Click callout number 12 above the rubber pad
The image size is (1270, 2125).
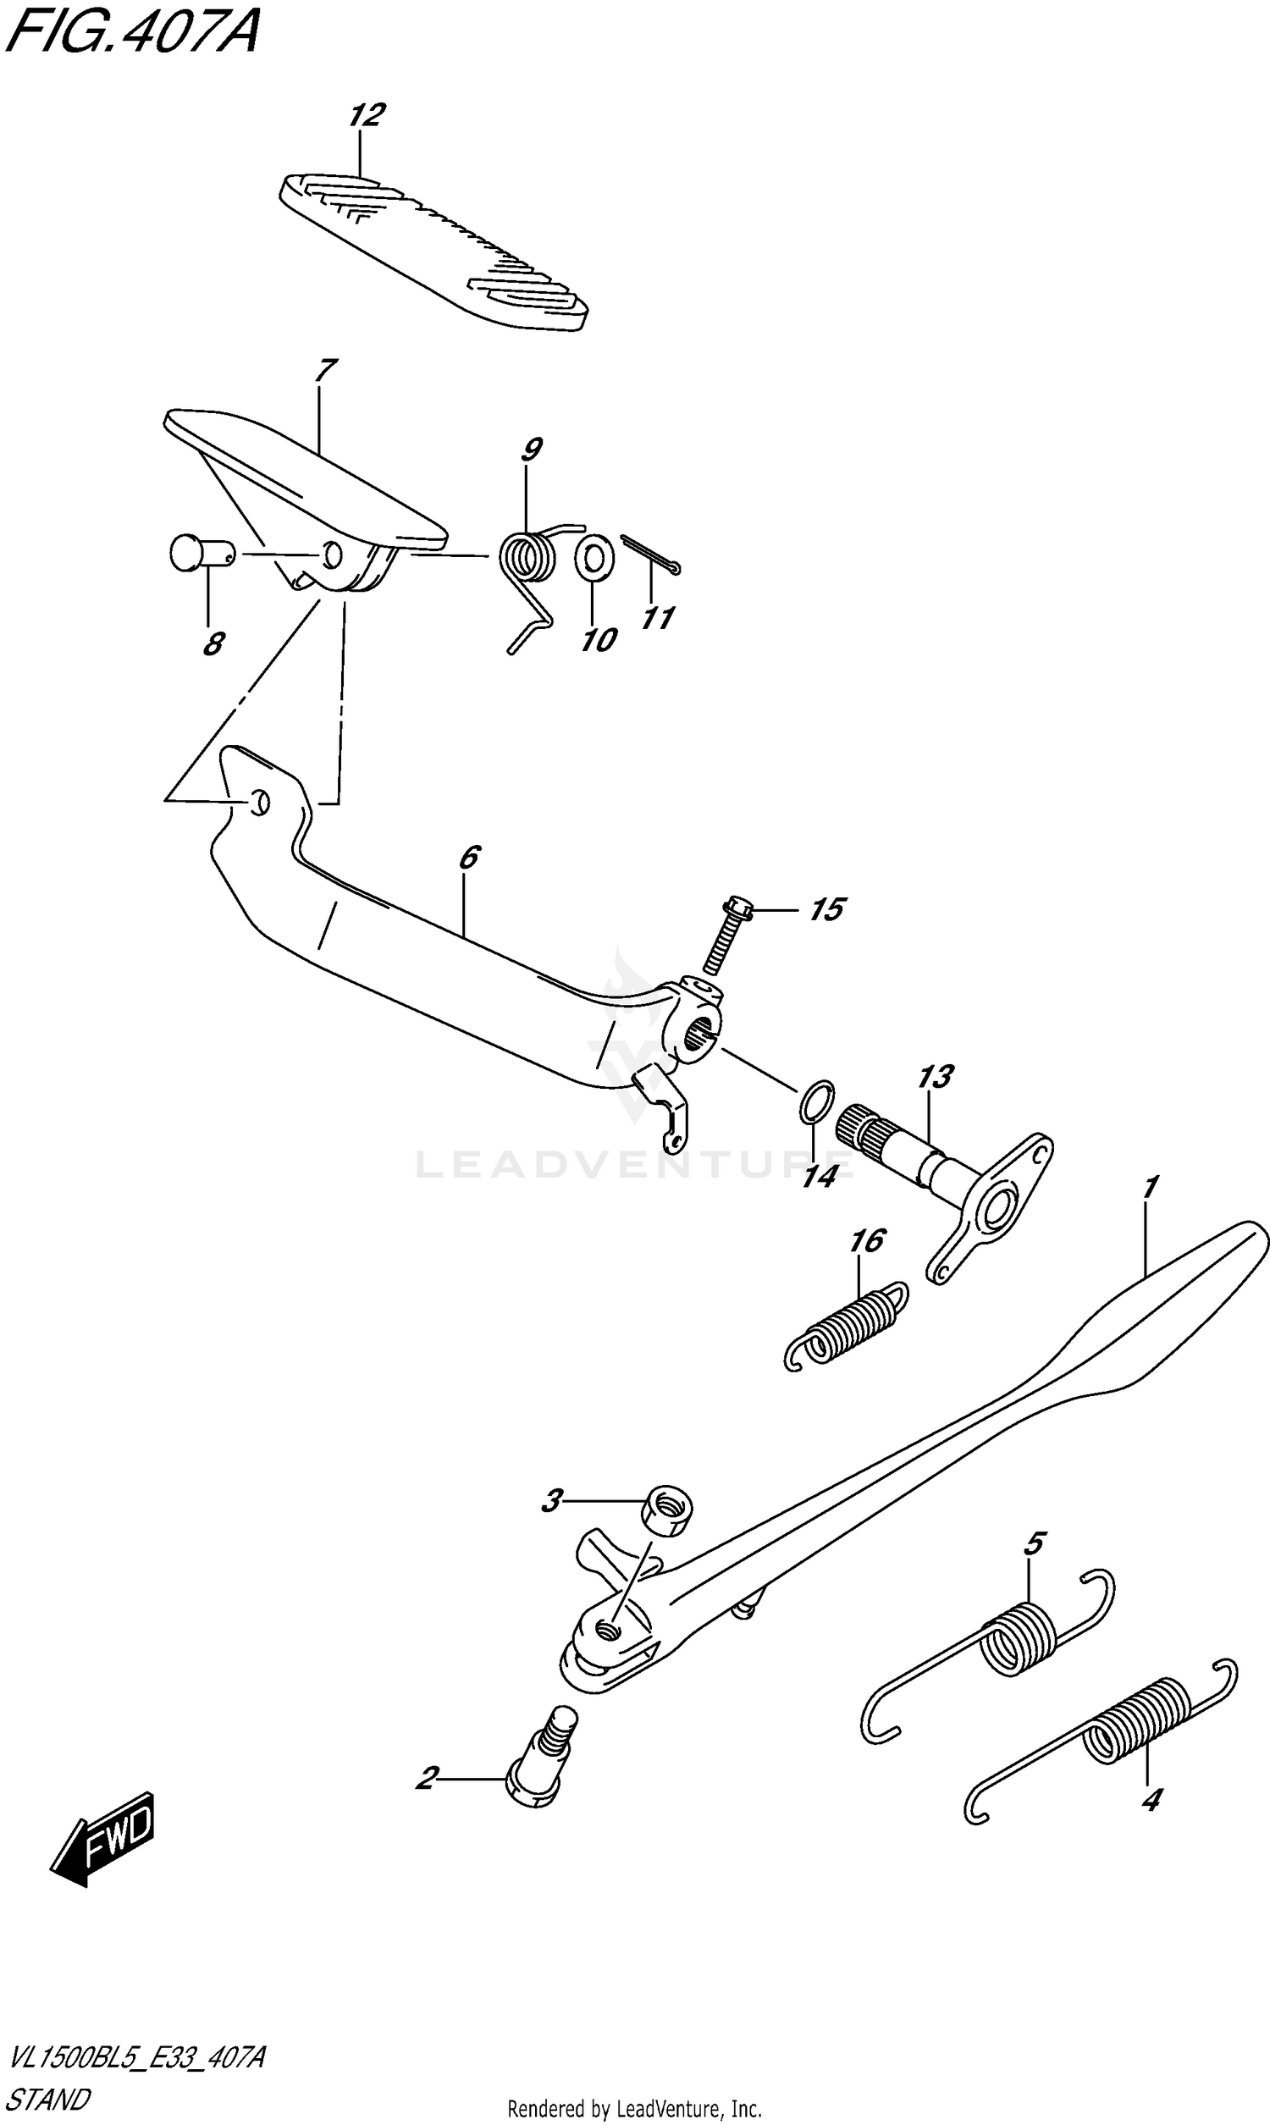click(x=367, y=115)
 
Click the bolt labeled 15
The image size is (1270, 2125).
click(x=727, y=936)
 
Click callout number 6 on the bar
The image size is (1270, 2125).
click(x=470, y=857)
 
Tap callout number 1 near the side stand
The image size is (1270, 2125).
click(x=1151, y=1188)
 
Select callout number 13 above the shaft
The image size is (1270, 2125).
click(x=936, y=1076)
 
